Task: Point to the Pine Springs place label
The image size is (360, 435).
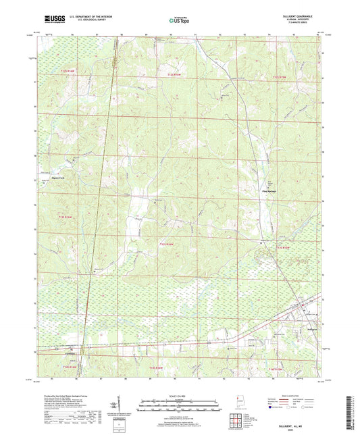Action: (269, 190)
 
